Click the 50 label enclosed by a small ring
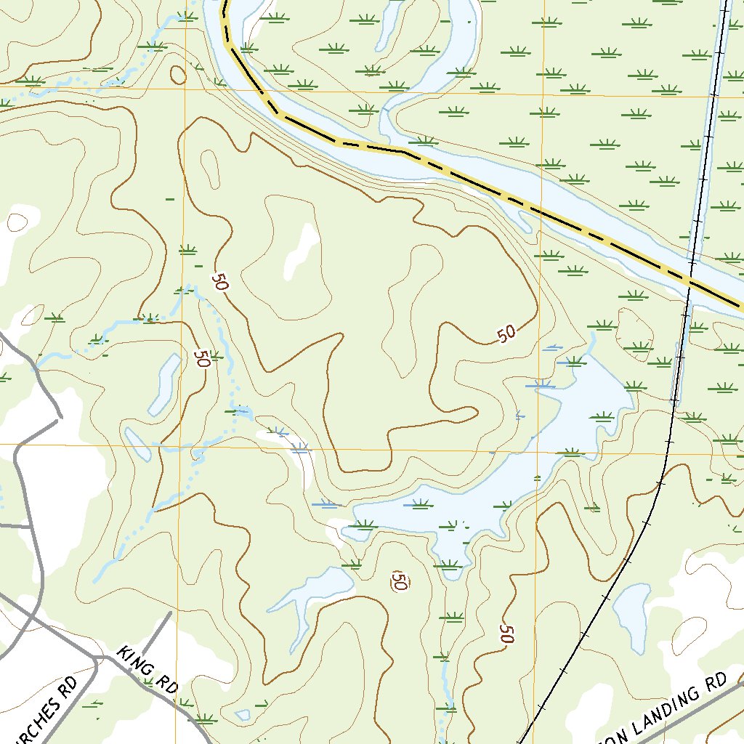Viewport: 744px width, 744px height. tap(399, 580)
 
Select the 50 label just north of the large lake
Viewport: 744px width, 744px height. tap(506, 333)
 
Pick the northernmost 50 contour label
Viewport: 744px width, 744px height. tap(220, 281)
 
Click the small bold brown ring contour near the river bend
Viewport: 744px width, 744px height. tap(177, 74)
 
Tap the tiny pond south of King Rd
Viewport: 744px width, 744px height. tap(243, 715)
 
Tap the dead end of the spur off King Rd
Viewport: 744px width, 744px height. tap(171, 612)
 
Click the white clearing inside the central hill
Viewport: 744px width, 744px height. tap(302, 251)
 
